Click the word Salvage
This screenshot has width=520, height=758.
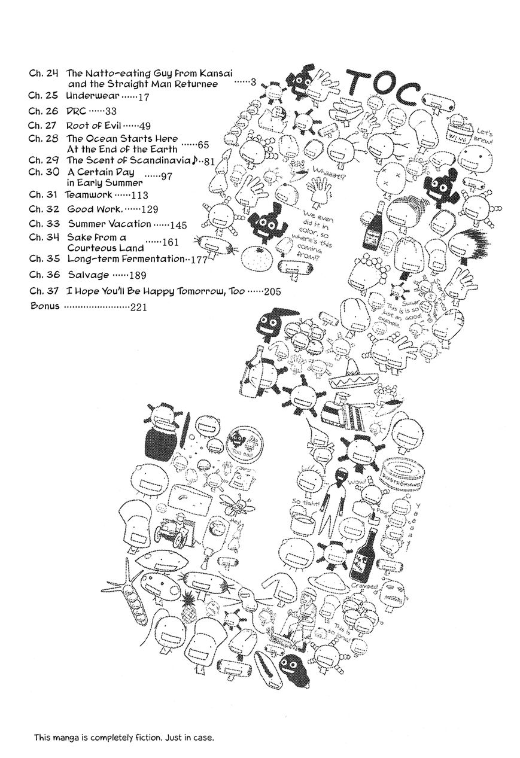[x=89, y=275]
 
